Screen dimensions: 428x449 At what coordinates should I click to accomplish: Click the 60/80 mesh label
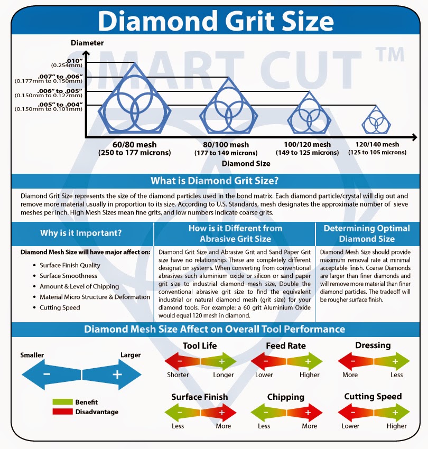coord(134,145)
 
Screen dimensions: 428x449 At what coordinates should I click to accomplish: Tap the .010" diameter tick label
coord(74,61)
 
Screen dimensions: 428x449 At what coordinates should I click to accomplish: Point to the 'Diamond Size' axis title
coord(246,164)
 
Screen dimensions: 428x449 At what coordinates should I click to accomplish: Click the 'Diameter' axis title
coord(87,43)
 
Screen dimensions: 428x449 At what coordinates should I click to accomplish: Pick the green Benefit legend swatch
coord(62,402)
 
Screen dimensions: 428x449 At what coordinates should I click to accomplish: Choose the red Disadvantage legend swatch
coord(62,411)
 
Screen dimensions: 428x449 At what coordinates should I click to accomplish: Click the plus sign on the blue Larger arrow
coord(117,375)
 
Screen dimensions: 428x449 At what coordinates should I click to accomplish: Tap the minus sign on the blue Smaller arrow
coord(46,374)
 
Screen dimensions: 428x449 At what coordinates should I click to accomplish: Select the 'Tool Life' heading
coord(200,345)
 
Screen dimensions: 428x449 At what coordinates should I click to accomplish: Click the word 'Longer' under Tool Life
coord(223,375)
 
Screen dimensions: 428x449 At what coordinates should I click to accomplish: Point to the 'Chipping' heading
coord(286,397)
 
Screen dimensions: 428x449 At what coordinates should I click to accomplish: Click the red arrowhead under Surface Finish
coord(228,413)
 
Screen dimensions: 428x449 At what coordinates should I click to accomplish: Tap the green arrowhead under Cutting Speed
coord(401,413)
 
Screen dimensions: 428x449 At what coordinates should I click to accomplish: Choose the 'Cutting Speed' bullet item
coord(60,307)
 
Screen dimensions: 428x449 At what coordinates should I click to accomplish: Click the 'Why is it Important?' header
coord(81,233)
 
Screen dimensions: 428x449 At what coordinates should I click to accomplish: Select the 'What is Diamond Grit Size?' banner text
coord(215,181)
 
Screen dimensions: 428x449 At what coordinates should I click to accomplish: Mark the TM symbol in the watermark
coord(390,54)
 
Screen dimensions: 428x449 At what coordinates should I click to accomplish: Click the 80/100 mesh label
coord(226,145)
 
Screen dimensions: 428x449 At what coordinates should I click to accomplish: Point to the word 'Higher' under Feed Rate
coord(310,375)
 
